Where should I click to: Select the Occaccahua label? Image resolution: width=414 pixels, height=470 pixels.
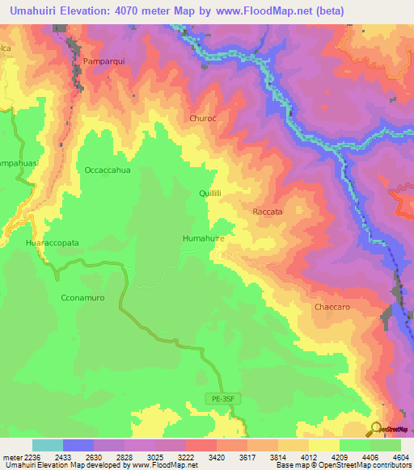[108, 170]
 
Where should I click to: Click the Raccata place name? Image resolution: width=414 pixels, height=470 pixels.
[268, 212]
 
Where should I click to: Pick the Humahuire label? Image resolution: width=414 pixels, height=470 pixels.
[203, 239]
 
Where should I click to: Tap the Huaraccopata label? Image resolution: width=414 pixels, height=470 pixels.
[53, 242]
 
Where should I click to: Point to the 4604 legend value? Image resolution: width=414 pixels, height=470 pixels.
[400, 456]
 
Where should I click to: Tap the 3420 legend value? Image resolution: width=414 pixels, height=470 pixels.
[216, 456]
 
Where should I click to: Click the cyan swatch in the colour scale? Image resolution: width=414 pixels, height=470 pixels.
[47, 445]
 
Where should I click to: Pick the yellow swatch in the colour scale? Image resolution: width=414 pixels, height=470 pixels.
[323, 445]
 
